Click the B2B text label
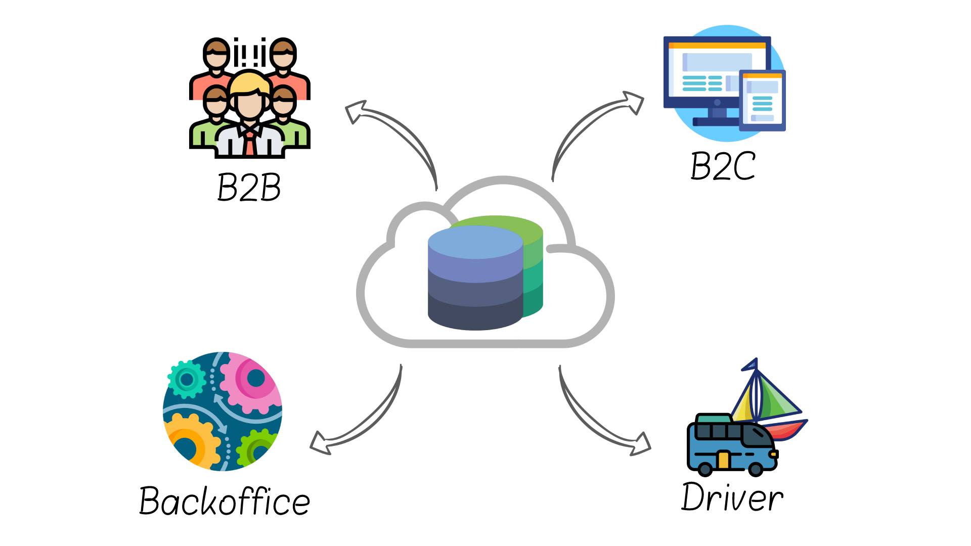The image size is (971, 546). (x=249, y=188)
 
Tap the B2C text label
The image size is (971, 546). (x=723, y=166)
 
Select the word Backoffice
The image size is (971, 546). (x=224, y=501)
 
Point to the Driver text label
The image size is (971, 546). (x=732, y=497)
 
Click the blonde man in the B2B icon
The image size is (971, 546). (x=249, y=101)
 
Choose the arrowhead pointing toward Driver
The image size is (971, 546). (x=641, y=444)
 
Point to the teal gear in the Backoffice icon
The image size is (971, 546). (x=187, y=379)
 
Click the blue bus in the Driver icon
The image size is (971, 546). (x=731, y=445)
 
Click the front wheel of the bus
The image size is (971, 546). (x=755, y=469)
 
